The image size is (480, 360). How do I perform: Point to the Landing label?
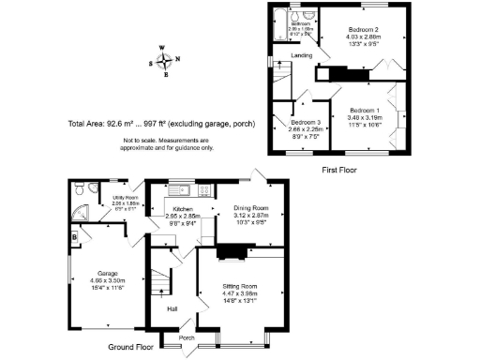302,56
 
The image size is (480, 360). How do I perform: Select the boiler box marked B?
74,236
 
